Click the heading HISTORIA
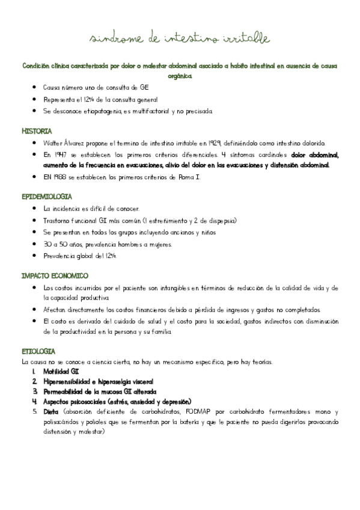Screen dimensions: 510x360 pyautogui.click(x=37, y=131)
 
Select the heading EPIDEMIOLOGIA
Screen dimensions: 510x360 pyautogui.click(x=47, y=197)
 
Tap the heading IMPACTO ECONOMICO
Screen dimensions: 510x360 pyautogui.click(x=55, y=275)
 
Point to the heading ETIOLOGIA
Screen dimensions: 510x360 pyautogui.click(x=38, y=351)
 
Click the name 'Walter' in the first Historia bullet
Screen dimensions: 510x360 pyautogui.click(x=53, y=143)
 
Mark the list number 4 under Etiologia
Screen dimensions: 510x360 pyautogui.click(x=35, y=402)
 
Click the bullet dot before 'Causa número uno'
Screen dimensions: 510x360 pyautogui.click(x=37, y=88)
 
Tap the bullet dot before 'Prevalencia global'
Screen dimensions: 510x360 pyautogui.click(x=37, y=256)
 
